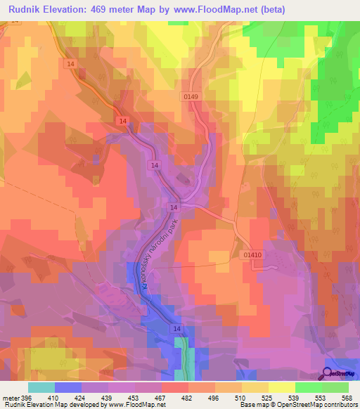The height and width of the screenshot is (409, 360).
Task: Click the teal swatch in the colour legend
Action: click(x=41, y=387)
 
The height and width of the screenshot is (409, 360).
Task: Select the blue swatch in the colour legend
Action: click(x=68, y=387)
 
